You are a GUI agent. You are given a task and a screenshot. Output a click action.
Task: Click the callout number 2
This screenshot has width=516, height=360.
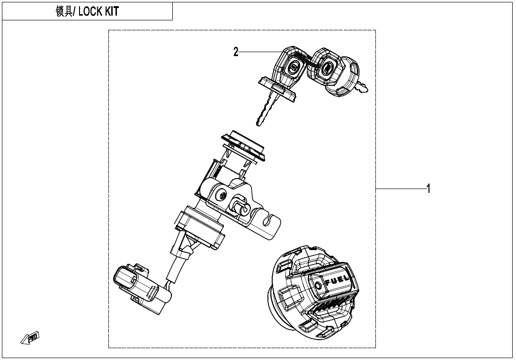(x=236, y=52)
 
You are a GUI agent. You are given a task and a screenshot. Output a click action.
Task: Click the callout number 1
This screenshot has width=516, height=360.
(x=428, y=189)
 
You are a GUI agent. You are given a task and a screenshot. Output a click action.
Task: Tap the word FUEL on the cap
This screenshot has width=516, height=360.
(x=338, y=279)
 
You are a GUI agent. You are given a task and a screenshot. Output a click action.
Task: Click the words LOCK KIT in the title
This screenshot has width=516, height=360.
(x=98, y=12)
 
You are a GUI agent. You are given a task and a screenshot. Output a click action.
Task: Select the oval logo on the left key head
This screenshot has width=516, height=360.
(x=294, y=68)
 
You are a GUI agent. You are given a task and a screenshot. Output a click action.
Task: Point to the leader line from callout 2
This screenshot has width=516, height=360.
(x=258, y=51)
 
